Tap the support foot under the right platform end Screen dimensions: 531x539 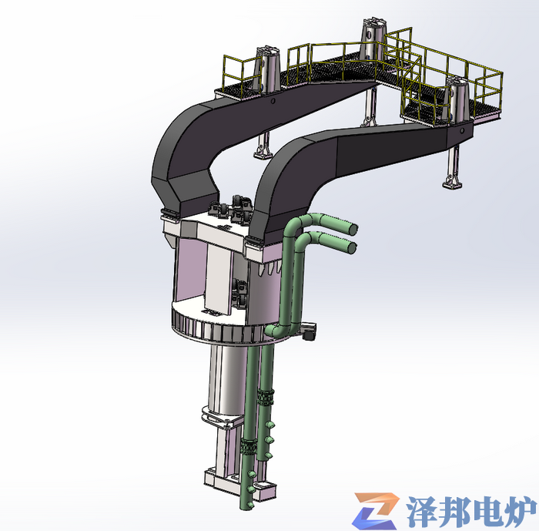pos(450,182)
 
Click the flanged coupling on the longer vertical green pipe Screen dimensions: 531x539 pos(249,446)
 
